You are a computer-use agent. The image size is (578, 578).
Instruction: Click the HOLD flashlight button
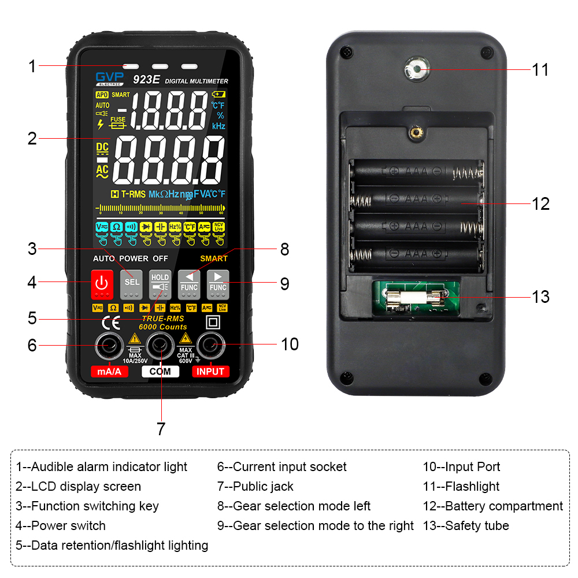point(160,283)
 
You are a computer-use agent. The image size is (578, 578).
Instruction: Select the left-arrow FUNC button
point(189,283)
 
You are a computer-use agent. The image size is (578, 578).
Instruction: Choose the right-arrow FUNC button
point(218,283)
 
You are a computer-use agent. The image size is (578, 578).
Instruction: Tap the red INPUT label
point(210,372)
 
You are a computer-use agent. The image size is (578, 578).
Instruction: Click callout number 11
point(540,70)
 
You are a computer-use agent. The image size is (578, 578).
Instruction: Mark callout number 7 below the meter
point(161,428)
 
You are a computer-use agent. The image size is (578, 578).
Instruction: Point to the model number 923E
point(146,80)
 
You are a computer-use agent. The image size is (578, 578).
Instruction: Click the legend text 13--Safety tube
point(466,525)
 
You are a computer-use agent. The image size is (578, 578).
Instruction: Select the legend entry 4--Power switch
point(61,525)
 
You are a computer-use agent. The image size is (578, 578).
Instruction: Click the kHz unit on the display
point(218,125)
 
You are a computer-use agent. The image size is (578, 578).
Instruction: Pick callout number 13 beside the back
point(540,297)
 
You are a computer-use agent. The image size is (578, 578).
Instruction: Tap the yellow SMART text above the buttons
point(214,258)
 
